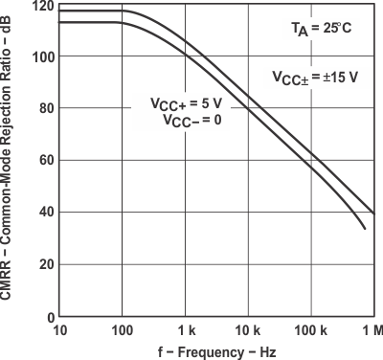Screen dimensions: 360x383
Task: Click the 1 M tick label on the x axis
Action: coord(371,331)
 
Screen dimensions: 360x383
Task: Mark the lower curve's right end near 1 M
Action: coord(366,229)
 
